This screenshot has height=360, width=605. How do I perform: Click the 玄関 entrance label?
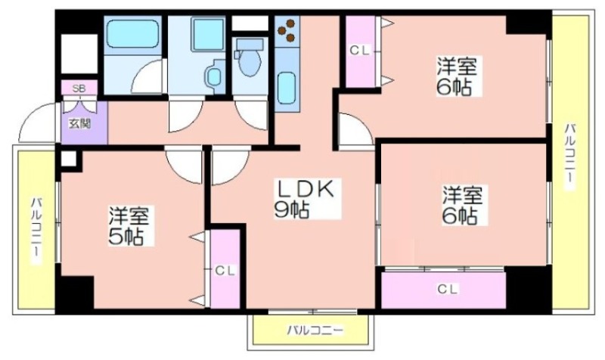point(79,124)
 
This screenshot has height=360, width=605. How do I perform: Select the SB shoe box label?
point(79,88)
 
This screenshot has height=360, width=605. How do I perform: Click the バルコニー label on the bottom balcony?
point(315,331)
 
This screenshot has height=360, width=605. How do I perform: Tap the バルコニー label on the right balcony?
point(569,157)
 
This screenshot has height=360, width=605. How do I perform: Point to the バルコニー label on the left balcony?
point(36,231)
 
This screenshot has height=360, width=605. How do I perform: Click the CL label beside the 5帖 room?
point(225,271)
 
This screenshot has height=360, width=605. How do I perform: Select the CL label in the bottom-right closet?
point(448,289)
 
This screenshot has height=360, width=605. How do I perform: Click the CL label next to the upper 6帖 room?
point(360,50)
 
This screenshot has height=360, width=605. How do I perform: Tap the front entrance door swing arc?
point(36,123)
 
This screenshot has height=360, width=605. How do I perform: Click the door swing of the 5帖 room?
point(185,166)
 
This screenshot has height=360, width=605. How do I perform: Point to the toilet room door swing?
point(250,115)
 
